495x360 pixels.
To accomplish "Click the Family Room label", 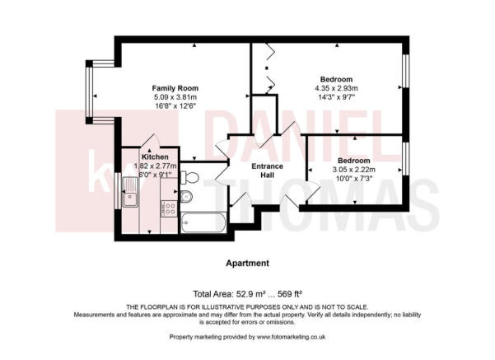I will pyautogui.click(x=175, y=88).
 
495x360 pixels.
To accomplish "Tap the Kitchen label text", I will pyautogui.click(x=155, y=157).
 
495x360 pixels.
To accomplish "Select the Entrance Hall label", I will pyautogui.click(x=267, y=171).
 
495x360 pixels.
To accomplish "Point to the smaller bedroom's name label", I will pyautogui.click(x=353, y=160).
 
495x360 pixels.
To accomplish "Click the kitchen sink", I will pyautogui.click(x=130, y=197).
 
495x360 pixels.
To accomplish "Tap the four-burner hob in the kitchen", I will pyautogui.click(x=168, y=209).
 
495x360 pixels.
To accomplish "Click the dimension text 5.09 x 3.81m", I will pyautogui.click(x=175, y=97).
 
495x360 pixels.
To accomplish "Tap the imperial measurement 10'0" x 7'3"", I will pyautogui.click(x=353, y=178).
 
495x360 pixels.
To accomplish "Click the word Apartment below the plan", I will pyautogui.click(x=247, y=264).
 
